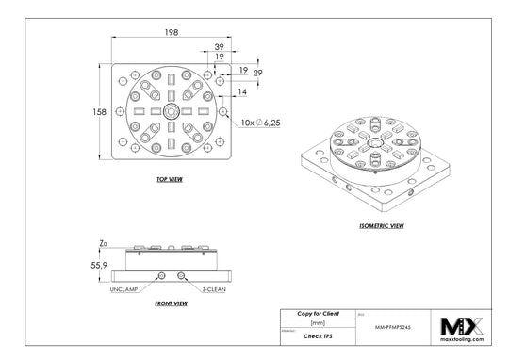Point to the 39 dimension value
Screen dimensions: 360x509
click(220, 46)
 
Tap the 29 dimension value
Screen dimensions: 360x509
click(257, 73)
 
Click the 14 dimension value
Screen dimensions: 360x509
click(243, 92)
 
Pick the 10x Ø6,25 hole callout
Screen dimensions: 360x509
click(260, 122)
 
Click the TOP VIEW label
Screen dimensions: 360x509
click(170, 177)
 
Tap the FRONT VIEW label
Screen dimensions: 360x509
click(170, 303)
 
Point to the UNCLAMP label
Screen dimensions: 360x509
click(125, 288)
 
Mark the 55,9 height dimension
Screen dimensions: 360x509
click(96, 267)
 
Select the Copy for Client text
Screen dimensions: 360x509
click(317, 312)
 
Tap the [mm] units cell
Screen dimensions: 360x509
click(317, 322)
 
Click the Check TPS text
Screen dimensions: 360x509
click(317, 335)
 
